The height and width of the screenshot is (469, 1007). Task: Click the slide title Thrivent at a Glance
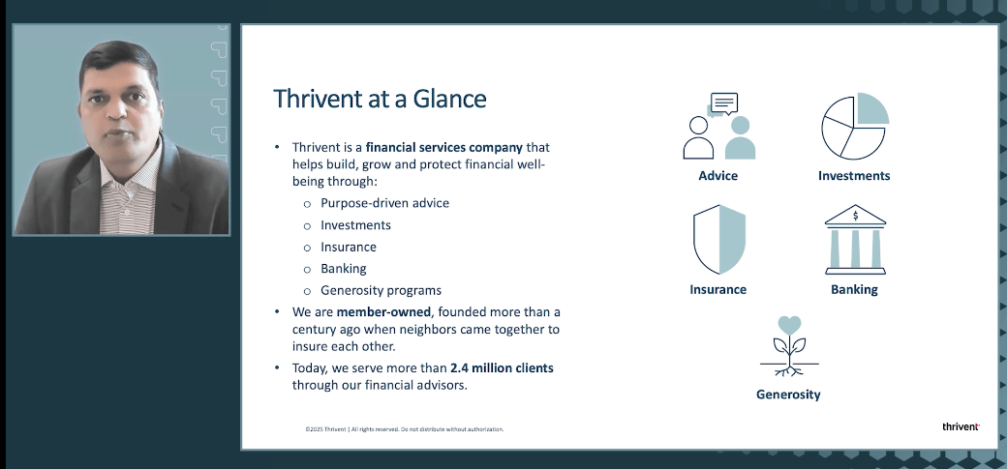pos(380,99)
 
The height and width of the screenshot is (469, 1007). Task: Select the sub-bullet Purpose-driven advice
pos(384,203)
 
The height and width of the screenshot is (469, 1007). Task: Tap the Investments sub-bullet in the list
pos(355,225)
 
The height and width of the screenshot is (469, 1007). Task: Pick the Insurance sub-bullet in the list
pos(349,247)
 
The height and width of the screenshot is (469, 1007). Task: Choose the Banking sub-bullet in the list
pos(343,269)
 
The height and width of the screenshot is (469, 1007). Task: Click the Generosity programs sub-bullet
pos(381,290)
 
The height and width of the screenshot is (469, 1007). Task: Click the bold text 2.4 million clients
pos(501,368)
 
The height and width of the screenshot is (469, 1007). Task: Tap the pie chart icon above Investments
pos(855,127)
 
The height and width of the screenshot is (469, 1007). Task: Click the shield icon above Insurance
pos(718,240)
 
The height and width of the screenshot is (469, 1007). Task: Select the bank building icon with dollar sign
pos(854,239)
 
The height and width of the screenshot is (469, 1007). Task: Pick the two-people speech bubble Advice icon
pos(718,127)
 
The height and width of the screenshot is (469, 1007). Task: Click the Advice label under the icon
pos(717,176)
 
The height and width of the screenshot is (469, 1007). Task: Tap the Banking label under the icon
pos(854,289)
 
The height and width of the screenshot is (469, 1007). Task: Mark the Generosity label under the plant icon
pos(788,395)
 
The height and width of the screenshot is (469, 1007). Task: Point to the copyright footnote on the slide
pos(404,428)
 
